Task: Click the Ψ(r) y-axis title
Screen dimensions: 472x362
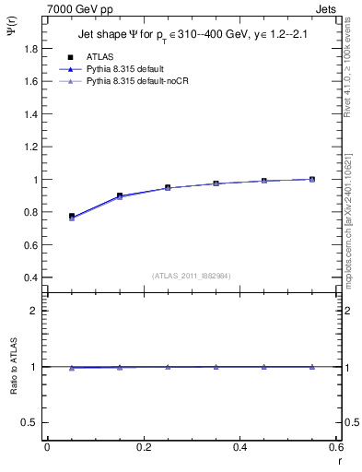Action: tap(12, 36)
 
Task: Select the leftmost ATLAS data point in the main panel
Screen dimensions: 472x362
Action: tap(72, 217)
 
